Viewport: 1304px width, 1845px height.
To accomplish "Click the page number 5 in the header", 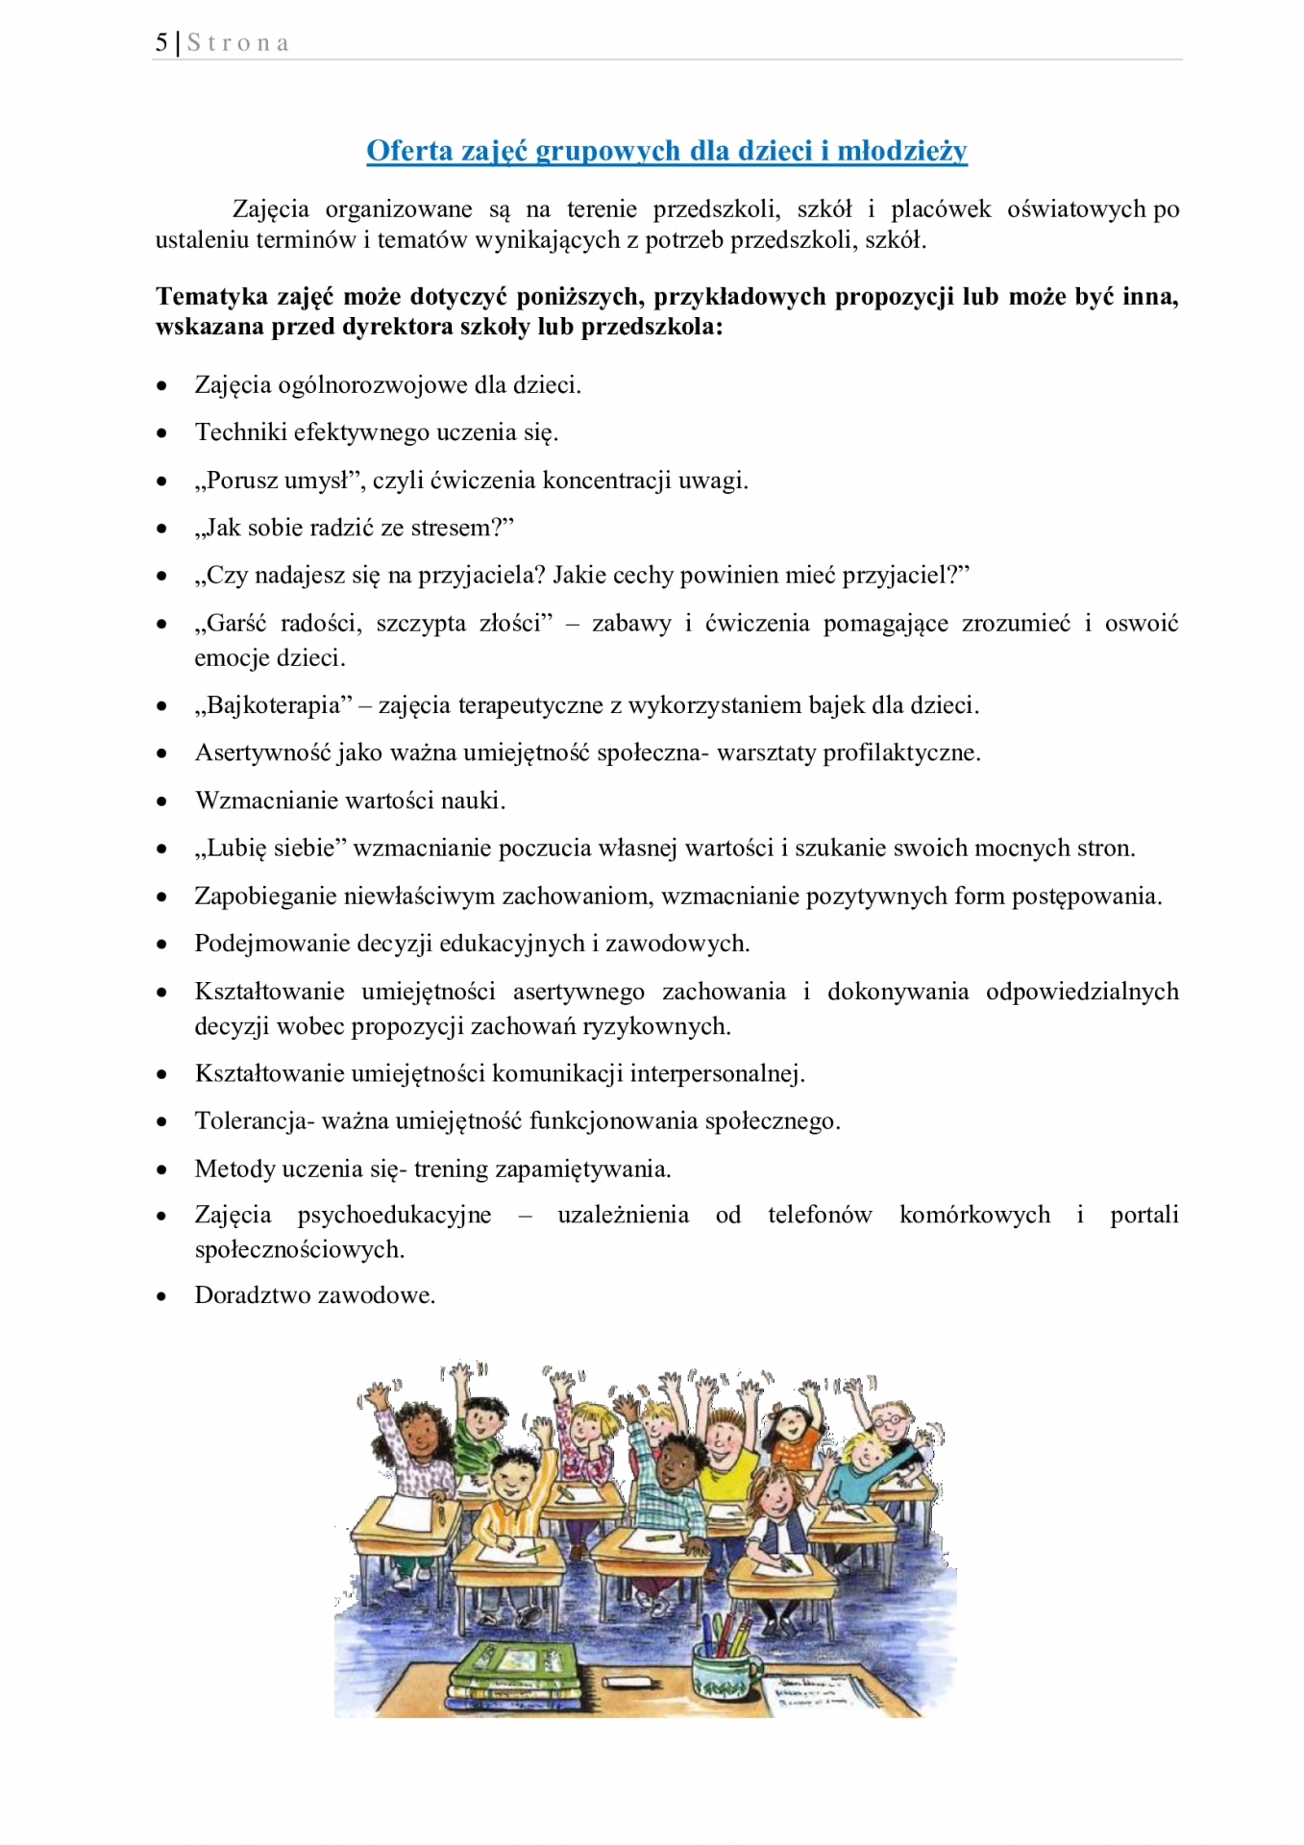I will coord(161,43).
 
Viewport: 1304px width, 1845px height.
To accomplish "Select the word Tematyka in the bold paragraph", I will coord(211,297).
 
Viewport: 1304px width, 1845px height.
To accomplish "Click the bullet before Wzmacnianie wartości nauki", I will coord(162,801).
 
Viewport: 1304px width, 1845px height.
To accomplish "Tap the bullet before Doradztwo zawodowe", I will coord(162,1296).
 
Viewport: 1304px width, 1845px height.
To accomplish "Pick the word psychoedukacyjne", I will coord(394,1215).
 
